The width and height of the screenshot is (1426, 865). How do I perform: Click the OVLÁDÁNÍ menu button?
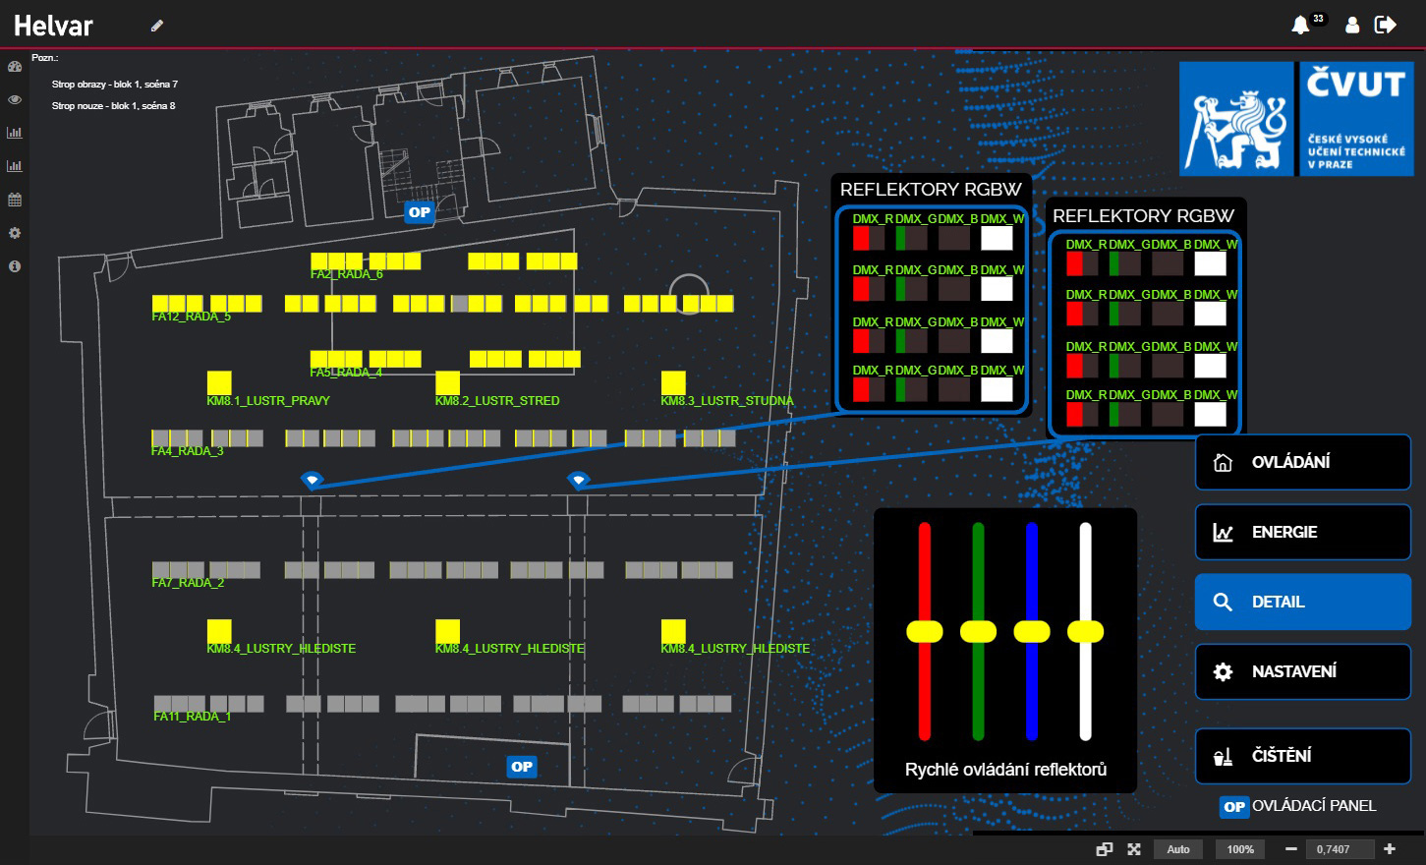click(x=1302, y=462)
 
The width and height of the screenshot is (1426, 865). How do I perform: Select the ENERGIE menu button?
click(x=1302, y=532)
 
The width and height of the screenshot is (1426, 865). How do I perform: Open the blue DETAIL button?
click(x=1302, y=602)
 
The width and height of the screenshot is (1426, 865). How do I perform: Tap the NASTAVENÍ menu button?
click(x=1302, y=671)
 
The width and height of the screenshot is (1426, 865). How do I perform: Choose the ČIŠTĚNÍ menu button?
click(x=1302, y=756)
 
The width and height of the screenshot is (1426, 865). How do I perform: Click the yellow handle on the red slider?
click(x=924, y=631)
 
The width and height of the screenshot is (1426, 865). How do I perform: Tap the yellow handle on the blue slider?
click(x=1031, y=631)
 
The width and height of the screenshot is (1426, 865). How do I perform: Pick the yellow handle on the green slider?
click(x=978, y=631)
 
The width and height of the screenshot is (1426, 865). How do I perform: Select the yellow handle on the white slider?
click(x=1085, y=631)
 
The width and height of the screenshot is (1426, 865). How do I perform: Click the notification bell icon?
click(x=1300, y=25)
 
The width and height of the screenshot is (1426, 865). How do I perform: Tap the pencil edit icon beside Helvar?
click(x=157, y=26)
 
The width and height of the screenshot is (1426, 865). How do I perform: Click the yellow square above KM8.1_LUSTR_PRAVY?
click(x=219, y=382)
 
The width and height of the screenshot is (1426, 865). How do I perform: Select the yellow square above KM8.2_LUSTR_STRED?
click(x=447, y=382)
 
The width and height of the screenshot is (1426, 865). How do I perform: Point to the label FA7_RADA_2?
click(x=188, y=583)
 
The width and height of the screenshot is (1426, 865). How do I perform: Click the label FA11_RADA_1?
click(x=192, y=717)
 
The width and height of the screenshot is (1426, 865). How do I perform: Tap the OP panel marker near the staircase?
click(x=420, y=212)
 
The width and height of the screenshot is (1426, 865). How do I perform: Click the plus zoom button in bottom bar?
click(x=1390, y=849)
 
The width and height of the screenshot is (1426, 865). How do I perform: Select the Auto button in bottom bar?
click(x=1178, y=849)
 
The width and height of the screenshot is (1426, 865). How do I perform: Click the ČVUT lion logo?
click(x=1235, y=119)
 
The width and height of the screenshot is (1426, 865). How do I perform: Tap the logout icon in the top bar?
click(x=1386, y=25)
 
